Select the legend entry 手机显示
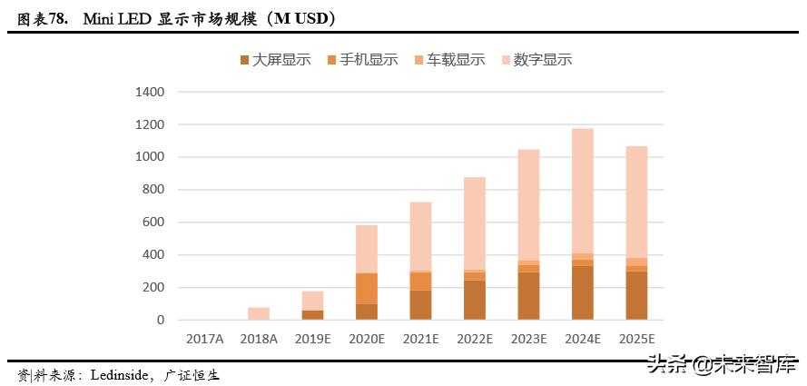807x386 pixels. tap(369, 60)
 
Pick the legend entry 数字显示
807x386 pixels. tap(542, 60)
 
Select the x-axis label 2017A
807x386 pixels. tap(204, 339)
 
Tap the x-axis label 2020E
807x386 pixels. tap(367, 339)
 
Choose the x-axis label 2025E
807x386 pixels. tap(635, 339)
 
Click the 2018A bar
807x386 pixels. tap(259, 313)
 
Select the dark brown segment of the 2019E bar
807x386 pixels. tap(313, 315)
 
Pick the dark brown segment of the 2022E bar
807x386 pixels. tap(475, 300)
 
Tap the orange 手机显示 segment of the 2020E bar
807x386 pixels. tap(367, 288)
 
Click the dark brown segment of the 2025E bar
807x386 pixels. tap(635, 296)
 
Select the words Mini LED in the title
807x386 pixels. tap(114, 18)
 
